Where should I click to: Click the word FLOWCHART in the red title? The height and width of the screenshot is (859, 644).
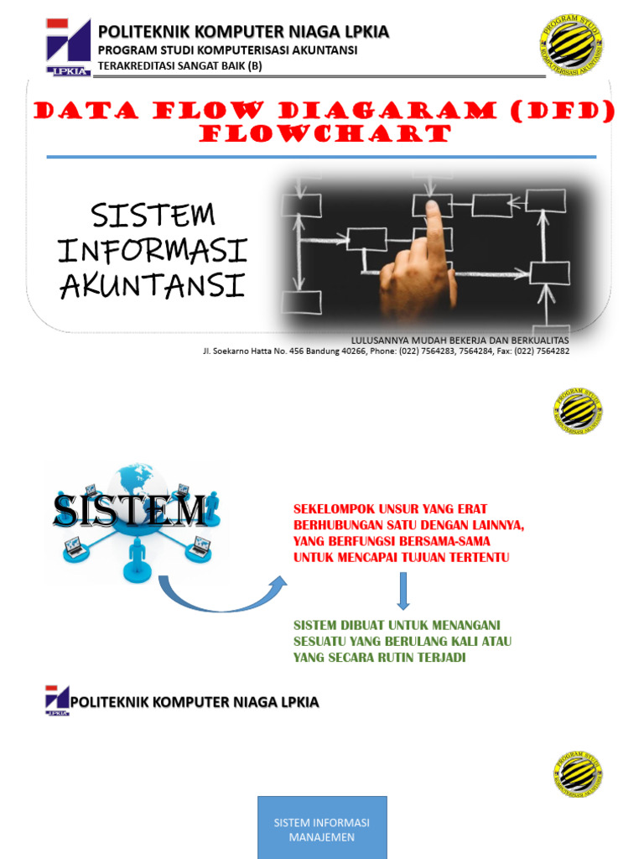(x=326, y=134)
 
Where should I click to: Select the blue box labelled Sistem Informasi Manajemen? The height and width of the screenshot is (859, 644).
(x=322, y=827)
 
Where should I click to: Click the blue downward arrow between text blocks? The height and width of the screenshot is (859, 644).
(x=403, y=591)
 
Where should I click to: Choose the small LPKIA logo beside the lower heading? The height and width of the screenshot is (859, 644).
(x=58, y=700)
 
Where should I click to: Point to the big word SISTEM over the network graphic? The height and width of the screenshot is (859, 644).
(x=130, y=511)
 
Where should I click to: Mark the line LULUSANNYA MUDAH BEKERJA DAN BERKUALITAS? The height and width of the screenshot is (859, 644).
(x=460, y=340)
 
